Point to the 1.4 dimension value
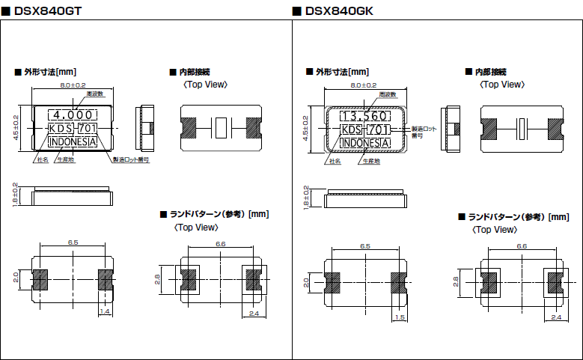[105, 311]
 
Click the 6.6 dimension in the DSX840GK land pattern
[522, 245]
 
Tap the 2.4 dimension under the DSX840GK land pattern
[555, 318]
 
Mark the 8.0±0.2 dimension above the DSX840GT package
[73, 86]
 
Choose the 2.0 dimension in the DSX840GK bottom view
[306, 283]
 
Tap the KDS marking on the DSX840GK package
[350, 129]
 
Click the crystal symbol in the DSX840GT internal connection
[220, 128]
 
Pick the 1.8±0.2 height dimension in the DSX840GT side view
[16, 196]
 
